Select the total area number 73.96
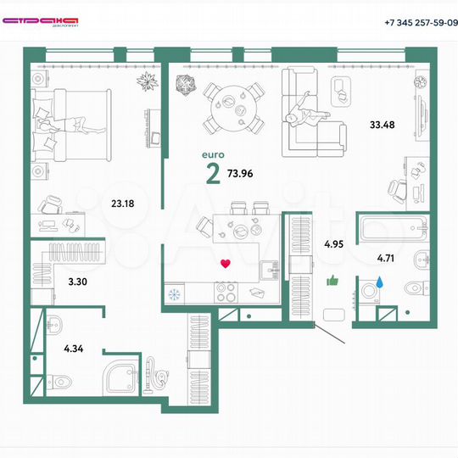(x=240, y=173)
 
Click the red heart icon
(x=225, y=264)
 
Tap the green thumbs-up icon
(x=332, y=281)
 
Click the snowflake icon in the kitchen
(x=176, y=293)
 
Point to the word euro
(x=212, y=156)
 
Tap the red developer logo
(x=43, y=20)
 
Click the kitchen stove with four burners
(x=227, y=293)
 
